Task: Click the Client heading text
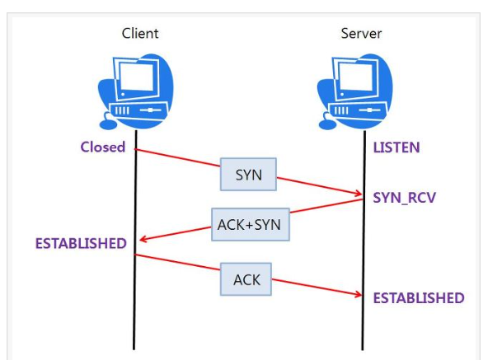139,34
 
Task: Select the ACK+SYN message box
250,224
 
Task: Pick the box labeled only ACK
246,279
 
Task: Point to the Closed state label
103,147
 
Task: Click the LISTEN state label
396,147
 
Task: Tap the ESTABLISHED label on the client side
81,243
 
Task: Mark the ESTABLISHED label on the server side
419,297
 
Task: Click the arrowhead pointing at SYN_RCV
359,195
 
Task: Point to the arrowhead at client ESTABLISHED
143,241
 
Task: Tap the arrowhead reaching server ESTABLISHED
359,294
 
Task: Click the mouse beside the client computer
106,126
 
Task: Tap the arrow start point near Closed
135,150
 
